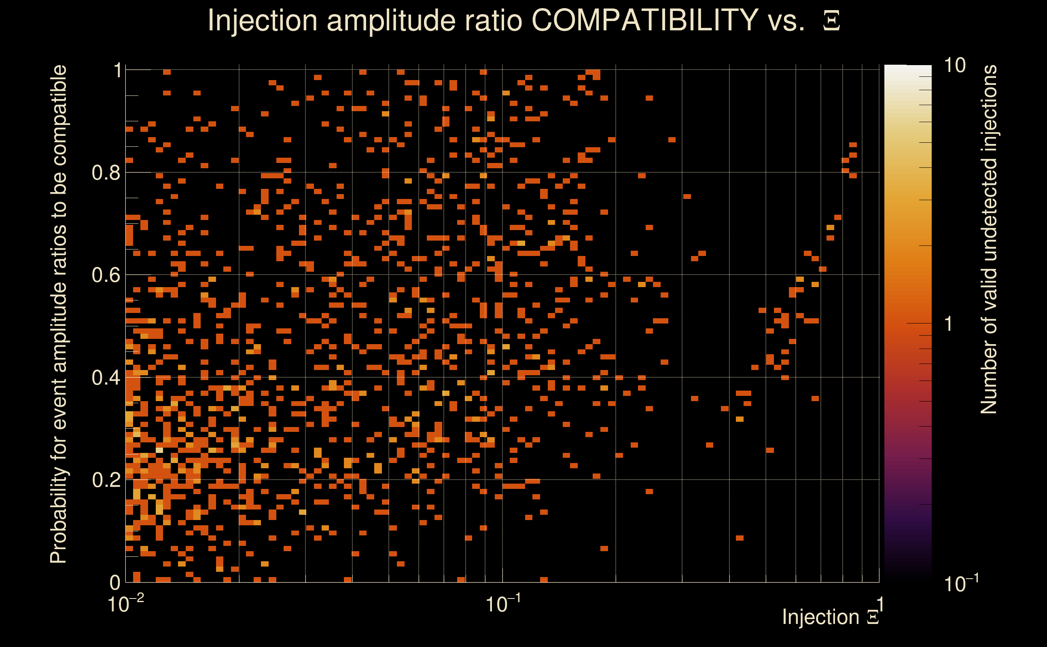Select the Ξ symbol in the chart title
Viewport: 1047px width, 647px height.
[x=831, y=21]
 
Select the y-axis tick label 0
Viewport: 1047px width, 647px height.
[x=115, y=582]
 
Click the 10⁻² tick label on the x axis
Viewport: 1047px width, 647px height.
[x=126, y=604]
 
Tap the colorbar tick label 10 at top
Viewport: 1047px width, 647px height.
[x=954, y=66]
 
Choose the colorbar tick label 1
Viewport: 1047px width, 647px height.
[x=949, y=324]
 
